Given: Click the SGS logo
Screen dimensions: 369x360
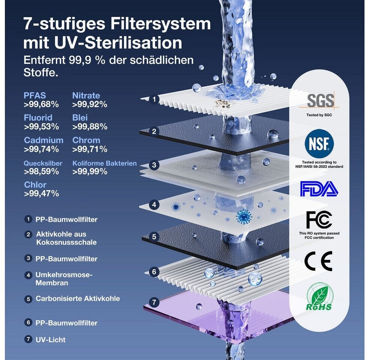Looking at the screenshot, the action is tap(320, 100).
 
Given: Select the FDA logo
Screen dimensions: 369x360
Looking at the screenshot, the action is tap(319, 189).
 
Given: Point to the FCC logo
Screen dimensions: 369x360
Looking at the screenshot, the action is tap(319, 220).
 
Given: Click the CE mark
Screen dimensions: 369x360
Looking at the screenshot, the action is tap(318, 261).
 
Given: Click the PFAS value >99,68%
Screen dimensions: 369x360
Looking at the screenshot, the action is tap(41, 104).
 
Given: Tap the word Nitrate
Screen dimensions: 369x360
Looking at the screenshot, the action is tap(86, 95).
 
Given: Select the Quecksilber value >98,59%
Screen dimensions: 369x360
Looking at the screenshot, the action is tap(41, 171).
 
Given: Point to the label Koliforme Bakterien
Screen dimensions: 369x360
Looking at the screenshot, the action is tap(105, 163).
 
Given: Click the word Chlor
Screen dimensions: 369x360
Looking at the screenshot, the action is tap(35, 184).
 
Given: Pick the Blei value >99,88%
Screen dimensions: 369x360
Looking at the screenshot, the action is tap(90, 126).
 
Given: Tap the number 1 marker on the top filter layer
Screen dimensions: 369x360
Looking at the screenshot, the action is tap(154, 99).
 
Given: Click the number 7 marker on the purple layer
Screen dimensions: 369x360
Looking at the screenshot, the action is tap(154, 302).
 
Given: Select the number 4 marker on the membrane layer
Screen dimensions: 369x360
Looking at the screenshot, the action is tap(154, 204).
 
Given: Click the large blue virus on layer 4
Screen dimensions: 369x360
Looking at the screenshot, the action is tap(244, 216).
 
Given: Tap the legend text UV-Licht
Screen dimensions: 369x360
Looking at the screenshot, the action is tap(51, 339).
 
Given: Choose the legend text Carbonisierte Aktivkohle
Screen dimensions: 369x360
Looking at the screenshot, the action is tap(78, 298).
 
